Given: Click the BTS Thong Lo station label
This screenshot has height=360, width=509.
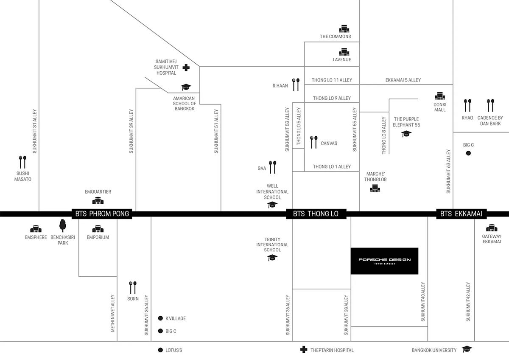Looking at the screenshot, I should pyautogui.click(x=316, y=214).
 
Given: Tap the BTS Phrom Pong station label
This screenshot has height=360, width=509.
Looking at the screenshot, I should pyautogui.click(x=101, y=214).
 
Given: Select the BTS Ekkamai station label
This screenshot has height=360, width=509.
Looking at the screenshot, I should pyautogui.click(x=461, y=214).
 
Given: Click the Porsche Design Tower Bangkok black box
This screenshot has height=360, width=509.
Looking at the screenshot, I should pyautogui.click(x=384, y=261).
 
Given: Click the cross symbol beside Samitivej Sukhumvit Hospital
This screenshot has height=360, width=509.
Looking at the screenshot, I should pyautogui.click(x=186, y=67).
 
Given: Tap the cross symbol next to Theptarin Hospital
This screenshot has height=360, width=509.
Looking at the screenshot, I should pyautogui.click(x=304, y=350).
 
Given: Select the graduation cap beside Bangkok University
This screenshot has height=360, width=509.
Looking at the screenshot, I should pyautogui.click(x=467, y=349).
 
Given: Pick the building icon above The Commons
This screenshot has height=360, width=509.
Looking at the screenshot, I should pyautogui.click(x=344, y=29).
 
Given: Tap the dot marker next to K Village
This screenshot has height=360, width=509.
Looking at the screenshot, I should pyautogui.click(x=160, y=318).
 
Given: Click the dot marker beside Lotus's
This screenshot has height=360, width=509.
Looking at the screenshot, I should pyautogui.click(x=160, y=350).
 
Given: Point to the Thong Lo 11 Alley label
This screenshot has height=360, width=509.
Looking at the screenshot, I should pyautogui.click(x=332, y=80).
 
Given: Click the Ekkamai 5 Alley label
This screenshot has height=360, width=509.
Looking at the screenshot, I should pyautogui.click(x=403, y=80).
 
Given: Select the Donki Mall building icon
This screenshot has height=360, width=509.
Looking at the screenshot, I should pyautogui.click(x=439, y=96).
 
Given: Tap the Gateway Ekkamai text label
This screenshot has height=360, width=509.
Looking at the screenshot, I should pyautogui.click(x=492, y=239).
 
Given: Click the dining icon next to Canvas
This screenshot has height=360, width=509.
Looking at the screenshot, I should pyautogui.click(x=313, y=142).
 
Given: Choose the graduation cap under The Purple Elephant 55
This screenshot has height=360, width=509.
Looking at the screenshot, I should pyautogui.click(x=406, y=134).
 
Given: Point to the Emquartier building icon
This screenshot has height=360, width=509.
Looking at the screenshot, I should pyautogui.click(x=98, y=200).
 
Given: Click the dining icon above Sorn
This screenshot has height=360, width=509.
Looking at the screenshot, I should pyautogui.click(x=133, y=288).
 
